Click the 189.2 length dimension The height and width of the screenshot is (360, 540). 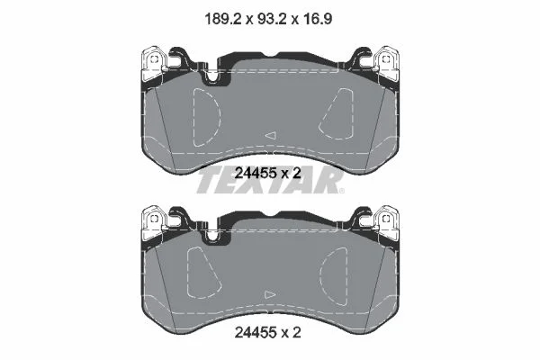click(222, 19)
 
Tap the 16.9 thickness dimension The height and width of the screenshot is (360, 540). click(317, 19)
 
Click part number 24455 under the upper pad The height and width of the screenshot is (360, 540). click(256, 174)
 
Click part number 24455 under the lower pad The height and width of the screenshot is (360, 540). click(256, 332)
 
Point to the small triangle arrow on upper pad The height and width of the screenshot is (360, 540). click(271, 135)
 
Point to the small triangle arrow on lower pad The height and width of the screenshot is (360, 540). click(270, 294)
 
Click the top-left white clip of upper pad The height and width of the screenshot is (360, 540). click(154, 63)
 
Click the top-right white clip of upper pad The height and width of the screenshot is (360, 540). click(386, 63)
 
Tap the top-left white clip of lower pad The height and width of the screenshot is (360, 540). click(154, 222)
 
